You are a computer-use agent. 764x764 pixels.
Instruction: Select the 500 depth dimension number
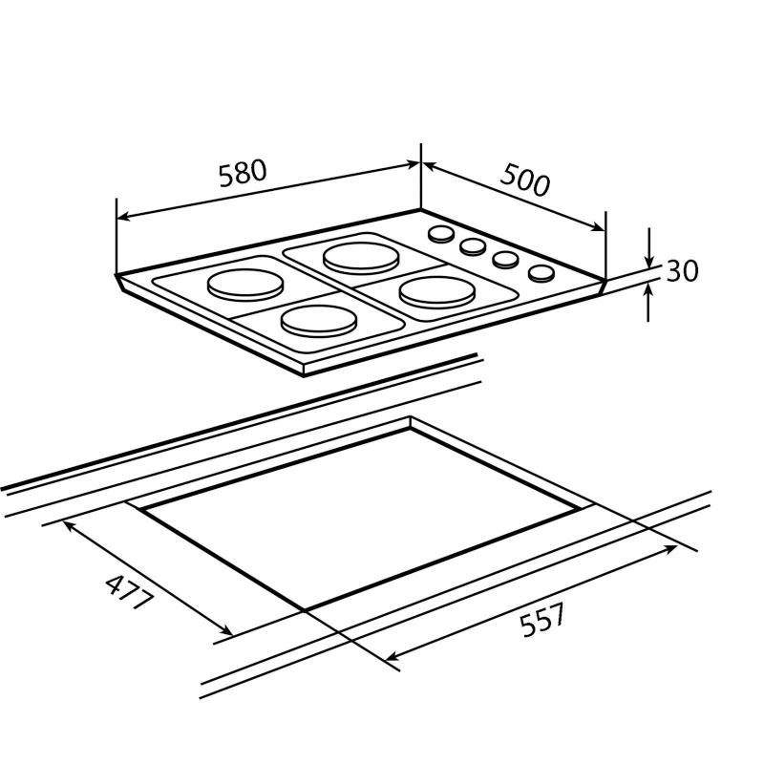pyautogui.click(x=524, y=180)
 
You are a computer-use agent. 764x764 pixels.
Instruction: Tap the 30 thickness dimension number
pyautogui.click(x=682, y=271)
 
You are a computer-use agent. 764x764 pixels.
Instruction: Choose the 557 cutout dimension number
pyautogui.click(x=542, y=621)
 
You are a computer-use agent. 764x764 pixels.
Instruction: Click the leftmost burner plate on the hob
pyautogui.click(x=246, y=284)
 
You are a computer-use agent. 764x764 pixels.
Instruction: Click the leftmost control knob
pyautogui.click(x=441, y=234)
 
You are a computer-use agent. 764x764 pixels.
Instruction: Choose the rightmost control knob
pyautogui.click(x=541, y=273)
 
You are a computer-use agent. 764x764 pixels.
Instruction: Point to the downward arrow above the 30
pyautogui.click(x=649, y=261)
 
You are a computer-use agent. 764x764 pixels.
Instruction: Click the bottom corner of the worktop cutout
pyautogui.click(x=304, y=610)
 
